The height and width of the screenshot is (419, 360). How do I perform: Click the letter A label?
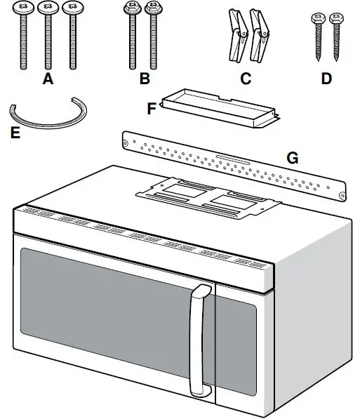pos(48,79)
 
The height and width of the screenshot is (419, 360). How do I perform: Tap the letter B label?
pos(145,79)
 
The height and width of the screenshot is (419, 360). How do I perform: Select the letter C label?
pos(245,79)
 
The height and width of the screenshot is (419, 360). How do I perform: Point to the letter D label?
pos(326,79)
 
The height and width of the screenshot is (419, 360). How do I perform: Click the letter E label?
pos(15,132)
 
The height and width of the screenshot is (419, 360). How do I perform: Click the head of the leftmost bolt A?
pos(25,9)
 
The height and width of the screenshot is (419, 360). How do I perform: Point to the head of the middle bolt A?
pos(47,9)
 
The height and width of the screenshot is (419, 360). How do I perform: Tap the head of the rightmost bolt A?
pos(69,9)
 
